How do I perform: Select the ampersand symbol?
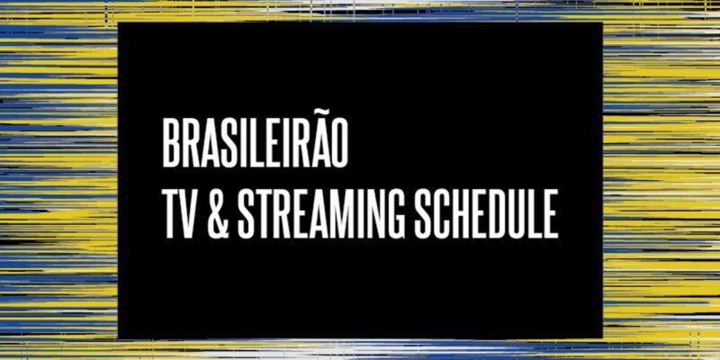click(x=219, y=214)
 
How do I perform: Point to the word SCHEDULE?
click(x=486, y=214)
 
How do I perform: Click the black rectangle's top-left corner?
click(x=118, y=22)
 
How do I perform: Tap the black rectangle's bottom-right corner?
click(x=602, y=339)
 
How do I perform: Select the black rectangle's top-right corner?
click(x=602, y=22)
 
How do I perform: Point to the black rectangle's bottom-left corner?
click(x=118, y=339)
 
